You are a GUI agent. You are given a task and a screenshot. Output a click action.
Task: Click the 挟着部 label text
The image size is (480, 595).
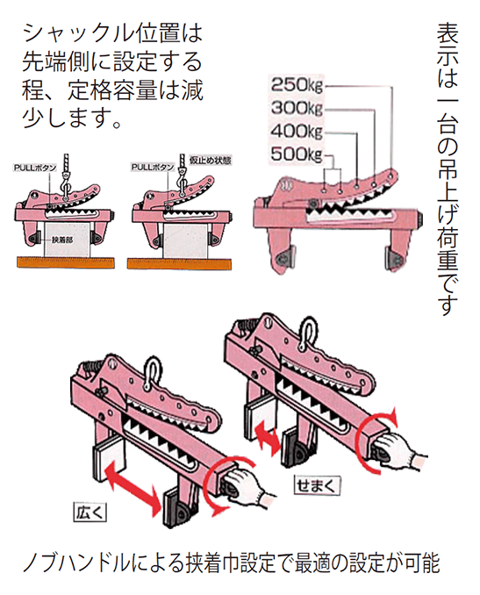tap(61, 240)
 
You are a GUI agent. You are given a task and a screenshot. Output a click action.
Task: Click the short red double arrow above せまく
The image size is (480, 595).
tap(269, 436)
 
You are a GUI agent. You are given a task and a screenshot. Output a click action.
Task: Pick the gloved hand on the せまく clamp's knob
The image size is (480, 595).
tap(405, 456)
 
